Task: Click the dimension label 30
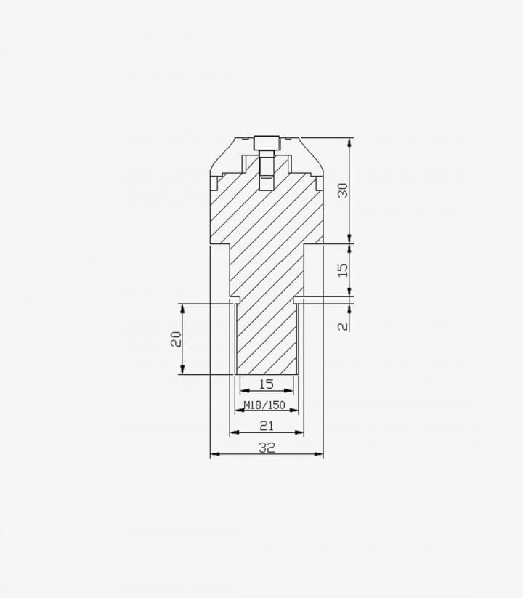[x=344, y=190]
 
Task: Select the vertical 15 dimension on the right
[x=344, y=270]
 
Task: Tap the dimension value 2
[x=344, y=326]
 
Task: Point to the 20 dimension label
[x=176, y=339]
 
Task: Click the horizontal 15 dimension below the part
[x=267, y=384]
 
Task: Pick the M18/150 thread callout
[x=264, y=405]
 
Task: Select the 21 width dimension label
[x=267, y=426]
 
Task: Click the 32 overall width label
[x=267, y=448]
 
